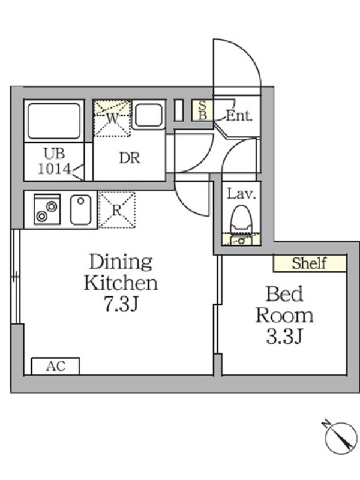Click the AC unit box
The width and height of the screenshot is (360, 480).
coord(55,366)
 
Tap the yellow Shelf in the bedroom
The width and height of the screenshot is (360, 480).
coord(310,263)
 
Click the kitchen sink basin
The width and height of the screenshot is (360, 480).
coord(80,209)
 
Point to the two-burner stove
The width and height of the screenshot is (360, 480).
coord(47,209)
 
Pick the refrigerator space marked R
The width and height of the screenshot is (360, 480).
coord(117,210)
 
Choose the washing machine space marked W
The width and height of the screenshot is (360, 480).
coord(112,118)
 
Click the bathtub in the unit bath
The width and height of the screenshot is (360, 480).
coord(54,121)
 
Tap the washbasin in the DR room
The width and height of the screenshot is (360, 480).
coord(148,115)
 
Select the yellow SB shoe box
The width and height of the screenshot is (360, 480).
coord(202,110)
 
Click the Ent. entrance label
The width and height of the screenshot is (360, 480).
coord(239,116)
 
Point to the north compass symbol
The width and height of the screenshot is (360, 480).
coord(340,437)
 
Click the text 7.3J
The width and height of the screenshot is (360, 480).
coord(121,304)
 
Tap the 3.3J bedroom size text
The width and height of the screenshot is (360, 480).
coord(284,337)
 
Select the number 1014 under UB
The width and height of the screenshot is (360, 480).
coord(55,169)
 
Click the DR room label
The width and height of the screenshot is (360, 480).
coord(130,158)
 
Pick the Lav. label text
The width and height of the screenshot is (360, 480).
coord(241,194)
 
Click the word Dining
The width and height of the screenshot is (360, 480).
coord(121,262)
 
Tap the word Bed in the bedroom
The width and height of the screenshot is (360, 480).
coord(284,293)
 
